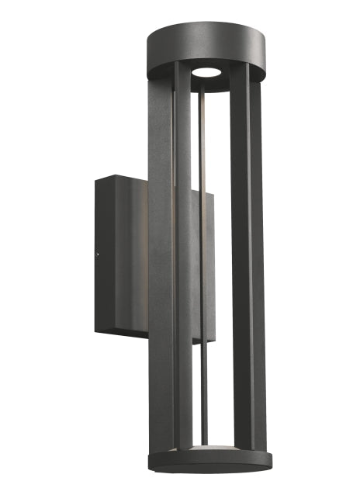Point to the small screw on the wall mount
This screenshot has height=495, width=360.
pyautogui.click(x=96, y=252)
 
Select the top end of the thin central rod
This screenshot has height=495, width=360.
pyautogui.click(x=203, y=87)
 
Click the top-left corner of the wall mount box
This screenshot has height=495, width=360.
pyautogui.click(x=96, y=178)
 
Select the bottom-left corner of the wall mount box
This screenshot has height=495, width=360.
pyautogui.click(x=97, y=331)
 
